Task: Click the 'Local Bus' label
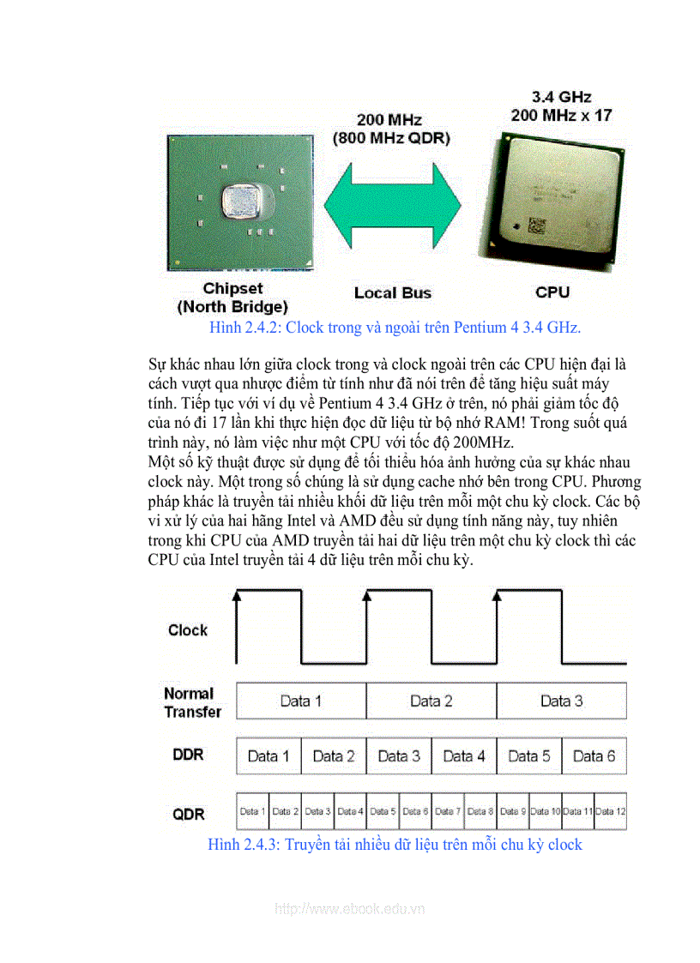393,293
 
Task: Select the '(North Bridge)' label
232,306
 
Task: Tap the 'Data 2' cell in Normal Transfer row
431,701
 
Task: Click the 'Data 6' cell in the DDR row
594,755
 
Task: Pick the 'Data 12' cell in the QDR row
610,811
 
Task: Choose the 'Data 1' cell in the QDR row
252,811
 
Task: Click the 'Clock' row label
188,630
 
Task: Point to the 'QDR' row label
189,814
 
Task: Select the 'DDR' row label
189,754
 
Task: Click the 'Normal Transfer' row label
192,702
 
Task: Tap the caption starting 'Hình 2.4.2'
395,328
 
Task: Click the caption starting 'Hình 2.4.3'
395,845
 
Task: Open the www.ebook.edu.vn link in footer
350,909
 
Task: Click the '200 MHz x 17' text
562,115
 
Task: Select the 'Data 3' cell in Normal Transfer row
561,701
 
